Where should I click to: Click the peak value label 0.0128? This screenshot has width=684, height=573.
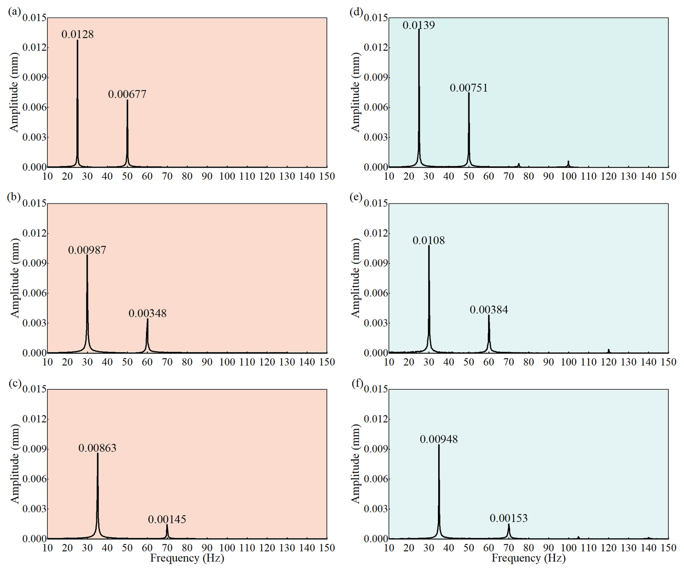(x=77, y=34)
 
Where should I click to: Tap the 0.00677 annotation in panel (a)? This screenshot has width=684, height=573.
(x=127, y=94)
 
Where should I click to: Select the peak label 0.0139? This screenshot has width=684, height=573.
(x=419, y=25)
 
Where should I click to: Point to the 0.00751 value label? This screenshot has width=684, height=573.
(x=469, y=88)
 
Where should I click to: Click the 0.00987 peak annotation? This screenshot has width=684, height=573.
(x=87, y=250)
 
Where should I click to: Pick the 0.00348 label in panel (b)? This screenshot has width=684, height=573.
(x=148, y=313)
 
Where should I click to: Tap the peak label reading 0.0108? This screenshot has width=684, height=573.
(x=428, y=241)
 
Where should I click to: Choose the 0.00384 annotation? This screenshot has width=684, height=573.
(x=489, y=310)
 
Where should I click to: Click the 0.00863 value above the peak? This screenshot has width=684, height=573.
(x=97, y=448)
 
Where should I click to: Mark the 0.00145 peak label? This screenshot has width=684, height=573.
(x=167, y=519)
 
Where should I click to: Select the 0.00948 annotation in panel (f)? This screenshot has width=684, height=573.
(x=439, y=439)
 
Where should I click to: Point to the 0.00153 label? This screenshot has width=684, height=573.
(x=509, y=518)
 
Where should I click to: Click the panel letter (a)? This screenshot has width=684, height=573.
(x=14, y=12)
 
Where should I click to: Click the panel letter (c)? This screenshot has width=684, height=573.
(x=15, y=383)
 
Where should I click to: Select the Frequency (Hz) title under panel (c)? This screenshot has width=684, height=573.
(x=187, y=558)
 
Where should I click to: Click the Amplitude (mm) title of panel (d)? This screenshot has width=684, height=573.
(x=356, y=92)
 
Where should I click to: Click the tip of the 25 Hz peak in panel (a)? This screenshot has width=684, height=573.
(x=77, y=41)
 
